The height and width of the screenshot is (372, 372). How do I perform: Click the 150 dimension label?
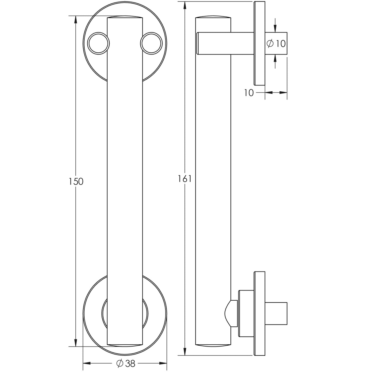click(x=76, y=181)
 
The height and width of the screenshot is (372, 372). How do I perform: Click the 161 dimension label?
click(x=184, y=179)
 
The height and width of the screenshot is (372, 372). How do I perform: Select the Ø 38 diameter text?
click(x=126, y=363)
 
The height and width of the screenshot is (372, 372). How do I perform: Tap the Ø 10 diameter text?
click(x=276, y=44)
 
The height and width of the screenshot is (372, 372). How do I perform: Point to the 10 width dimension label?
click(x=249, y=93)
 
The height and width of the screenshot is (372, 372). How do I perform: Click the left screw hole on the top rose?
click(x=98, y=43)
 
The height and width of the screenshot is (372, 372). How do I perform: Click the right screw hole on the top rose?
click(x=151, y=43)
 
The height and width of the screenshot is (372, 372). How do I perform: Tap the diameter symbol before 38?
click(x=120, y=363)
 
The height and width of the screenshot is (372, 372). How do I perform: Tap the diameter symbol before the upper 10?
click(x=270, y=44)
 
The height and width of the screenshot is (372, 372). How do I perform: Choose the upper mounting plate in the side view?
click(x=259, y=43)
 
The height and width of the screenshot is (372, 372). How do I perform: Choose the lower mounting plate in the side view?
click(x=259, y=313)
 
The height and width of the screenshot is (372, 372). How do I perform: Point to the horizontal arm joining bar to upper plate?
click(x=225, y=43)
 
